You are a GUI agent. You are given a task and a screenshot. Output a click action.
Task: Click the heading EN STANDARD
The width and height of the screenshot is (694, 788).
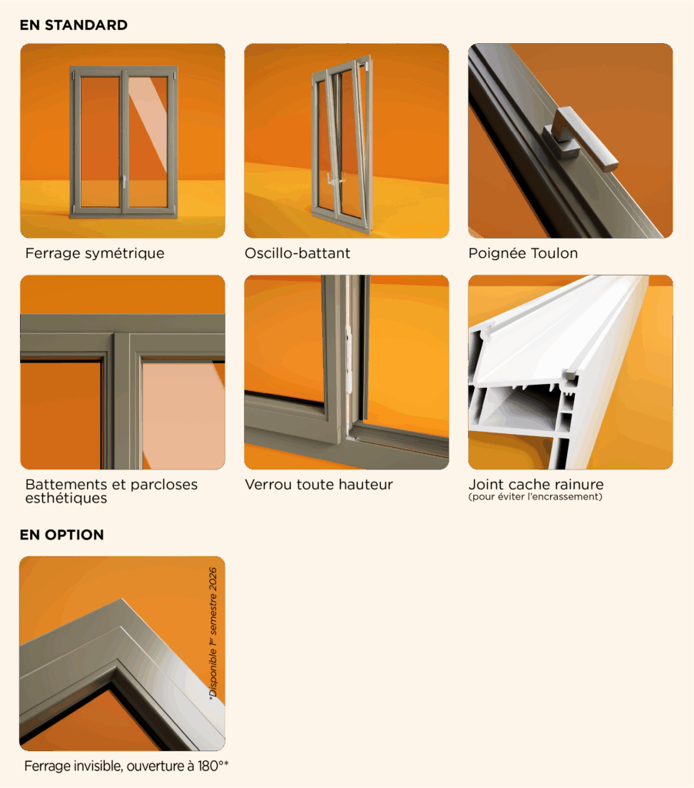73,25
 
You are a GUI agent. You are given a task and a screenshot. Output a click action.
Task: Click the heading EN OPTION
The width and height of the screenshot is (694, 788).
62,535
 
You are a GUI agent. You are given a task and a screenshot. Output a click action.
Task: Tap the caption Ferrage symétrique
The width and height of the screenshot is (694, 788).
95,253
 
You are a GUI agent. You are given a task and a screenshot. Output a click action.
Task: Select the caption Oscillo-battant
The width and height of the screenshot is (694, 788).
298,252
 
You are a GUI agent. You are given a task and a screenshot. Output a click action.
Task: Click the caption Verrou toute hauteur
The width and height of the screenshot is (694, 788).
319,485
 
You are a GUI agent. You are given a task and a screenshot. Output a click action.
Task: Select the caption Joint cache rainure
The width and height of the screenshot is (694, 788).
536,485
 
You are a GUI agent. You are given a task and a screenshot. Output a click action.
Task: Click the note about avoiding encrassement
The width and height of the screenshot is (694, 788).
536,497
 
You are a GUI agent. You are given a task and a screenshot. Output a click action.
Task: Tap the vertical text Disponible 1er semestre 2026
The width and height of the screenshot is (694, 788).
213,633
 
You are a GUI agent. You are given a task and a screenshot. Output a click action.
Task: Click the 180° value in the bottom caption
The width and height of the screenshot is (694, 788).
211,766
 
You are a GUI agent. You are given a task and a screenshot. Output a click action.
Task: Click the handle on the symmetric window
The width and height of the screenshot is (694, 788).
124,182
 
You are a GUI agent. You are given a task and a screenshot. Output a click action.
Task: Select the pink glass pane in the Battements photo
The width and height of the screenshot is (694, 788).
182,415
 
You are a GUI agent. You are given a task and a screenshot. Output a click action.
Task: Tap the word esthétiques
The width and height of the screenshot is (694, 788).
66,498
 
